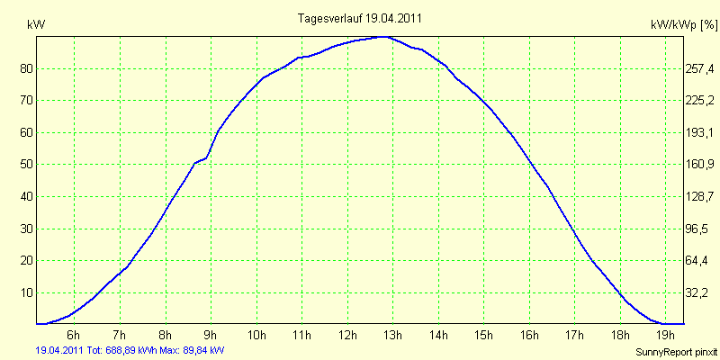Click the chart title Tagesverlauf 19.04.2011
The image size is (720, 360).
[360, 17]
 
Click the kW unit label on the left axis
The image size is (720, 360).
[37, 26]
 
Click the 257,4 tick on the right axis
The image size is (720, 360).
[700, 68]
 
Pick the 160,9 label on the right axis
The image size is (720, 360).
[700, 165]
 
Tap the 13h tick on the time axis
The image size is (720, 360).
[392, 336]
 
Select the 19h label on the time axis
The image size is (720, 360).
[665, 336]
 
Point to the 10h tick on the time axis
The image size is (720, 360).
[256, 336]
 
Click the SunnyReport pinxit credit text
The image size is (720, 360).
[677, 351]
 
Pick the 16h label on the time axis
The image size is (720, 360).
[529, 336]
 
